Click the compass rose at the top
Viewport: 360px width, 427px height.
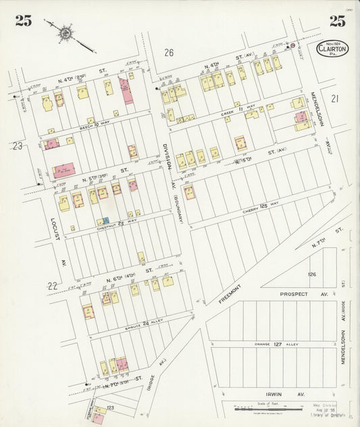click(x=66, y=31)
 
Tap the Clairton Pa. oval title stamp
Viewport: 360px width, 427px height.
click(x=332, y=49)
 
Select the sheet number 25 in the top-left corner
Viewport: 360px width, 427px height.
click(x=24, y=20)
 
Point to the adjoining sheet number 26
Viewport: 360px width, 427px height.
click(x=169, y=53)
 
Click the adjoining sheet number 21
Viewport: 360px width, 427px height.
click(x=335, y=99)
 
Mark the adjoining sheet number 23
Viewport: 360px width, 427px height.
click(x=18, y=146)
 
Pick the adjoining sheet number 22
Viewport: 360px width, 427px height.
click(x=52, y=286)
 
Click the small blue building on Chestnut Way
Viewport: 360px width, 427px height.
click(x=103, y=221)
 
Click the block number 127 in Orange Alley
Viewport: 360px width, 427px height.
click(x=277, y=343)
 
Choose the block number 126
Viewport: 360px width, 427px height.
click(x=311, y=274)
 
